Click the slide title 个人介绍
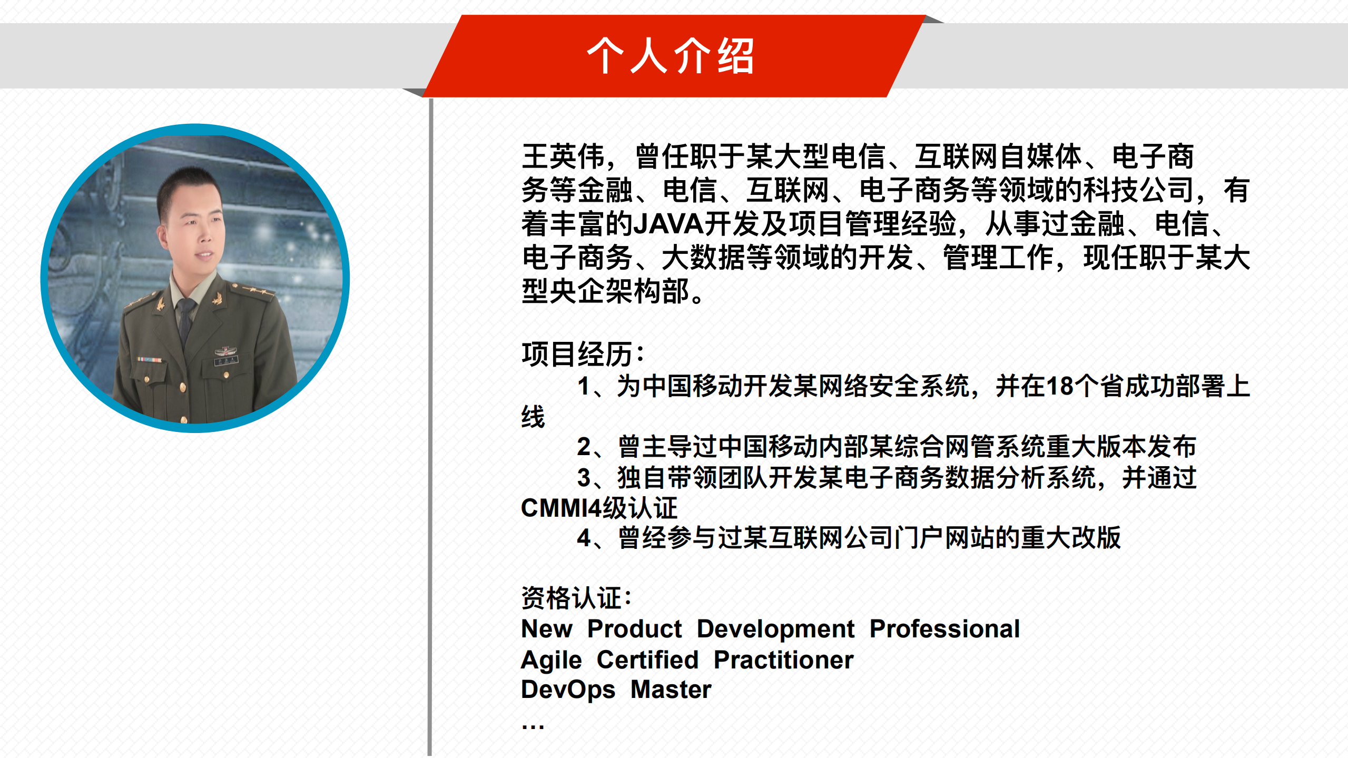pos(670,56)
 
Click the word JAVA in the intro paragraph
pos(668,224)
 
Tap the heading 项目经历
pos(583,354)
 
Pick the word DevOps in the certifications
pos(568,690)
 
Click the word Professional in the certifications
pos(944,629)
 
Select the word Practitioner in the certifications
pos(783,660)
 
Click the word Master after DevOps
pos(671,690)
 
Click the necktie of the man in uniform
pos(185,321)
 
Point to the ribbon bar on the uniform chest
pos(150,360)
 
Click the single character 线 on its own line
pos(533,417)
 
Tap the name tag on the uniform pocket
pos(227,361)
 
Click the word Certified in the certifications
pos(647,660)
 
